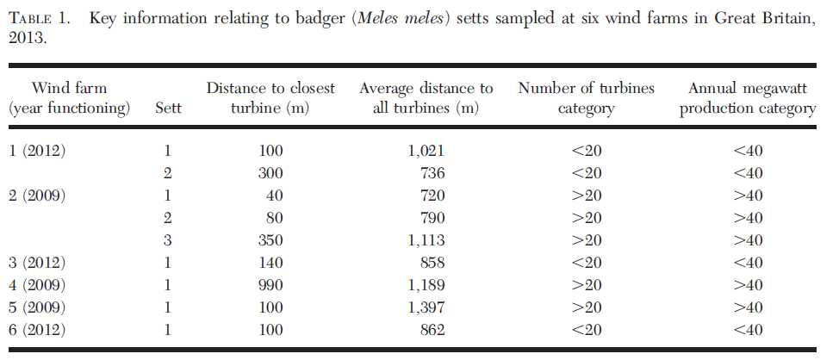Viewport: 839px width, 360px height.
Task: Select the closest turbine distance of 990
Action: pos(270,285)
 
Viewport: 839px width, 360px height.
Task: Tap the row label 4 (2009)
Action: pos(37,285)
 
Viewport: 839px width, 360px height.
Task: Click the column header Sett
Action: pos(167,109)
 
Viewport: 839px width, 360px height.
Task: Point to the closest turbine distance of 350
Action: pos(270,240)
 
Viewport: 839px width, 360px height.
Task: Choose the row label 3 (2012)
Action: pos(37,263)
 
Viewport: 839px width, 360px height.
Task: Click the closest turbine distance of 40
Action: pos(275,196)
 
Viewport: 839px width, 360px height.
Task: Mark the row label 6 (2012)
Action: pos(37,330)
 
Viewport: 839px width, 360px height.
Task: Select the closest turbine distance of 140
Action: pos(270,263)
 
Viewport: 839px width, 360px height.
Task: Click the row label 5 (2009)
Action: pos(37,307)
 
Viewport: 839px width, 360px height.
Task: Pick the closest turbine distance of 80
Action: pos(275,218)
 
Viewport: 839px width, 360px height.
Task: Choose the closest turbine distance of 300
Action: pos(270,173)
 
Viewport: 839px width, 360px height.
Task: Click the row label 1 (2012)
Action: pos(37,151)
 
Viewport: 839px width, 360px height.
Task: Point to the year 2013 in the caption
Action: pos(26,39)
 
